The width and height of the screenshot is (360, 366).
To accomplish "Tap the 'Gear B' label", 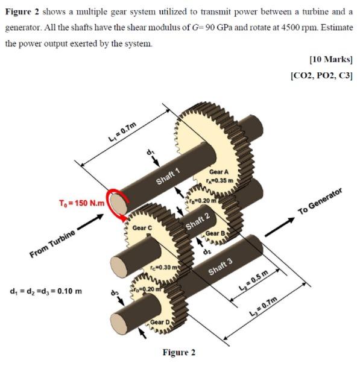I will (x=215, y=234).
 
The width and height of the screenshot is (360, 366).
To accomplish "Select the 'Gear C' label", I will (x=142, y=228).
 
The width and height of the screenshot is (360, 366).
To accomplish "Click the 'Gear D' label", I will (x=160, y=323).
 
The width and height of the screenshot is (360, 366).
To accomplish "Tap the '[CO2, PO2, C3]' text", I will (x=322, y=75).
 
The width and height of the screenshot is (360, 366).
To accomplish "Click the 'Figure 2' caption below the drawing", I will (x=179, y=352).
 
